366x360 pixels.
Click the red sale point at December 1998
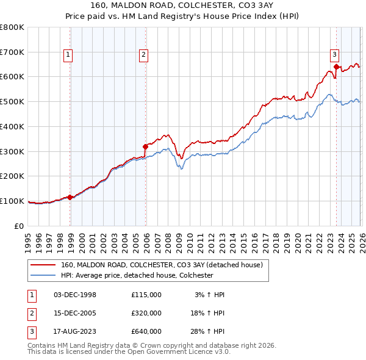70,197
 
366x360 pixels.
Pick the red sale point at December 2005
145,146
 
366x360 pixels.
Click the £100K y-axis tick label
12,201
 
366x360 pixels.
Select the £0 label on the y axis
20,226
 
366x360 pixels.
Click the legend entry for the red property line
161,265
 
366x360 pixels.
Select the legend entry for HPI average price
136,275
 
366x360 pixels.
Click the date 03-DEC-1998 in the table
75,295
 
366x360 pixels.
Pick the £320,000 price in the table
146,313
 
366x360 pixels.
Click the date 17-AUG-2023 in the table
75,331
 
